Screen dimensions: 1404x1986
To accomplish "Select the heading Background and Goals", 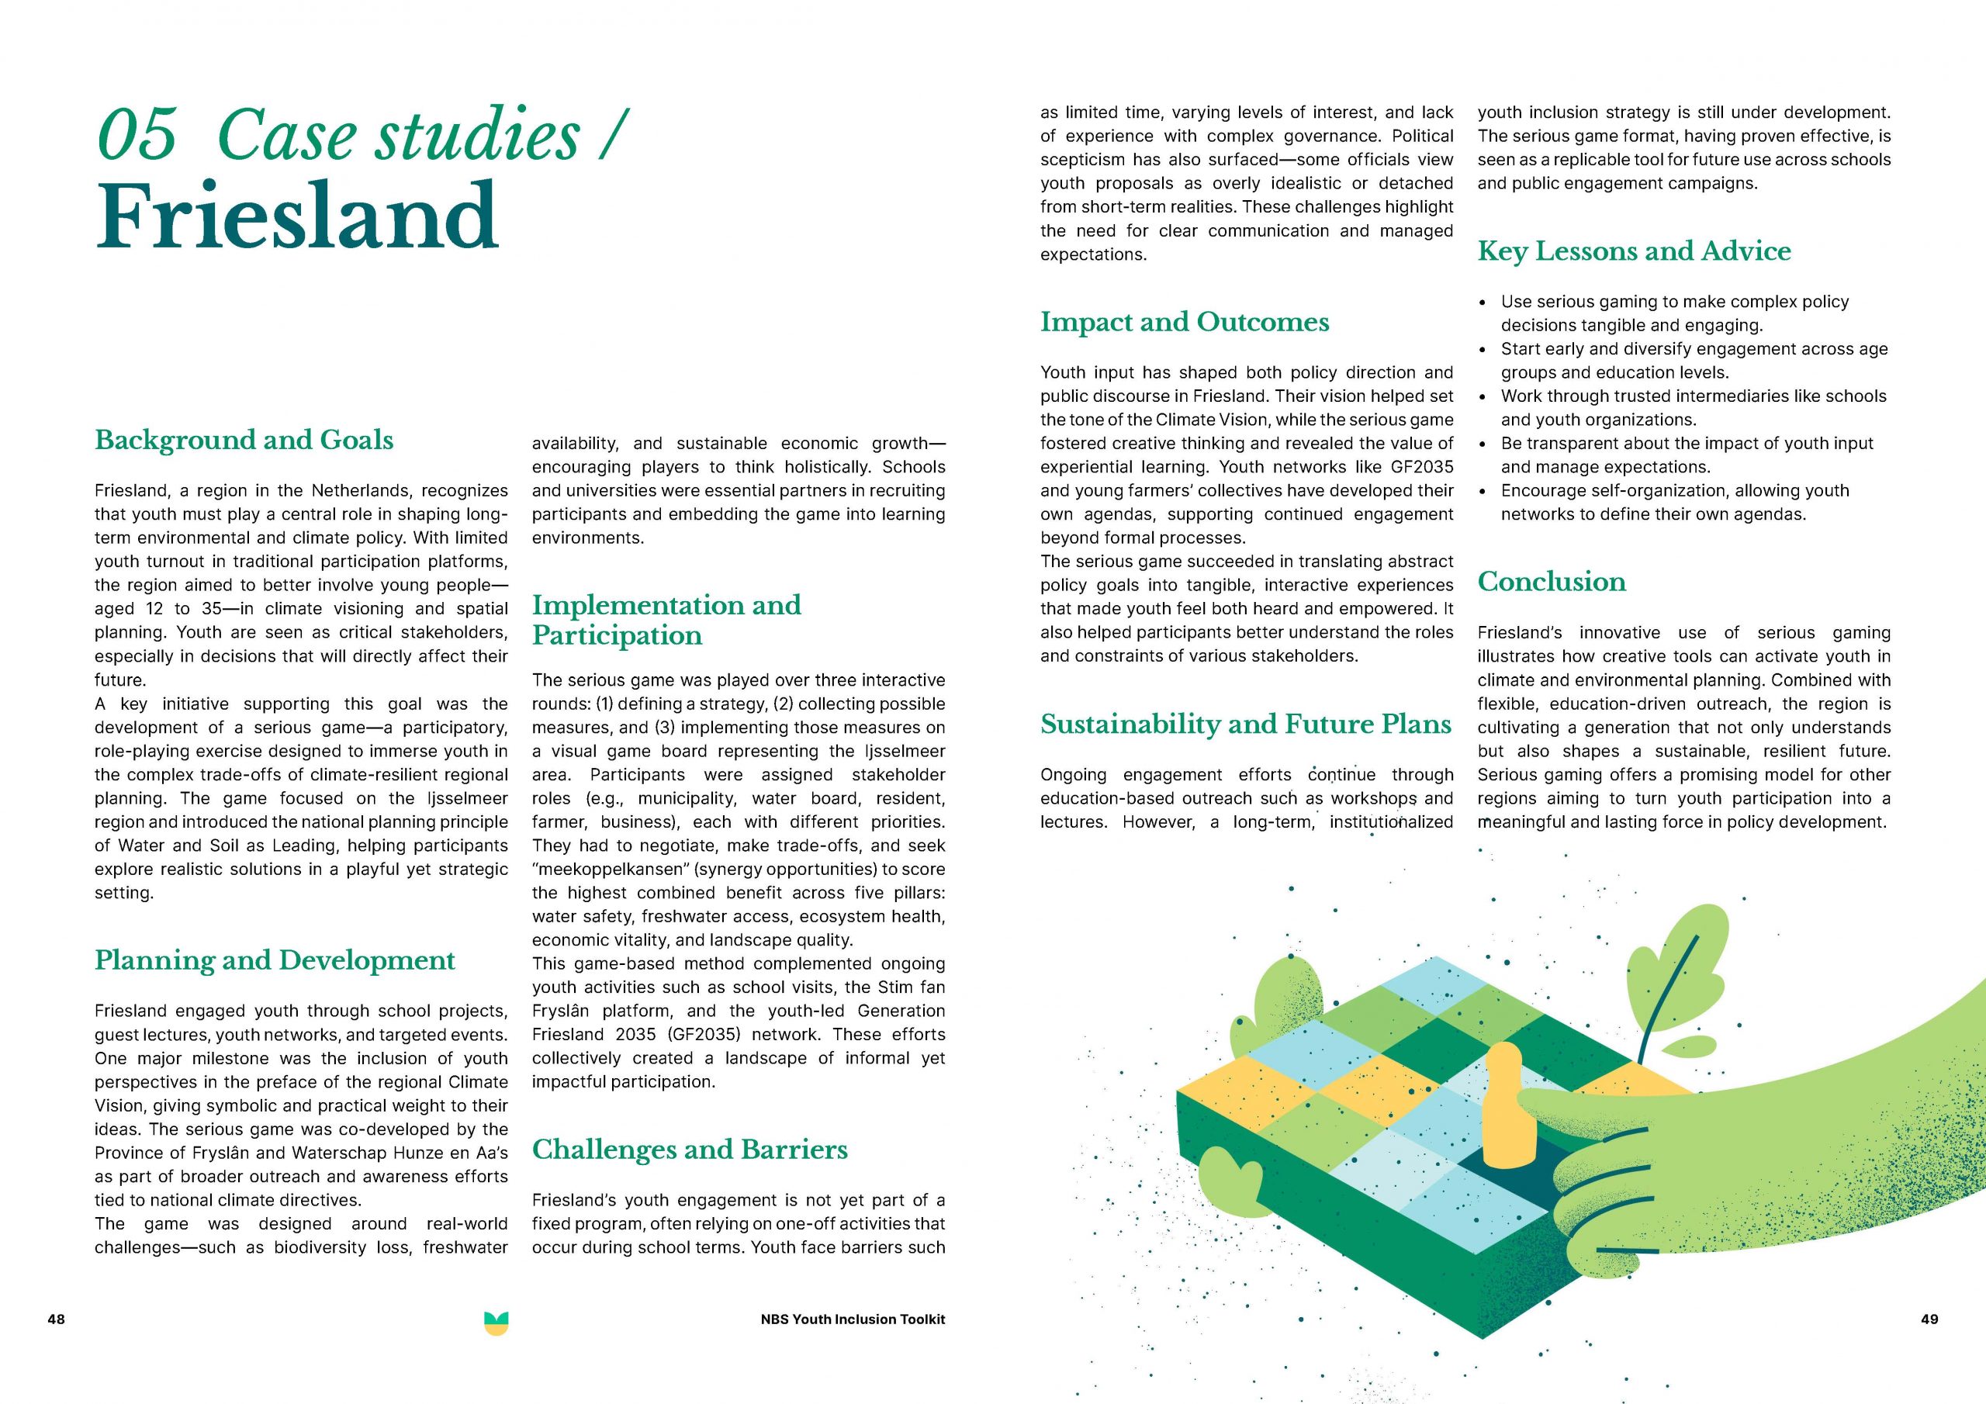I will (x=244, y=440).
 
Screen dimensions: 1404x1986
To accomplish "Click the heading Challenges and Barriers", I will (x=690, y=1149).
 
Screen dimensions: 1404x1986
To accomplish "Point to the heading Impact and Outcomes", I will (x=1184, y=322).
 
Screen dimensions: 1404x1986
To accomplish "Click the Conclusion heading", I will (x=1551, y=581).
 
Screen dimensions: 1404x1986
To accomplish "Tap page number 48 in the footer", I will (x=56, y=1319).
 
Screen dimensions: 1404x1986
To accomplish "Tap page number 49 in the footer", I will (x=1929, y=1319).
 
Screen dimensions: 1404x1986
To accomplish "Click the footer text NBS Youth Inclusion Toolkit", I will (x=853, y=1319).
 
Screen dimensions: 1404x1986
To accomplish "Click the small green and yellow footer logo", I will (x=496, y=1323).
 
